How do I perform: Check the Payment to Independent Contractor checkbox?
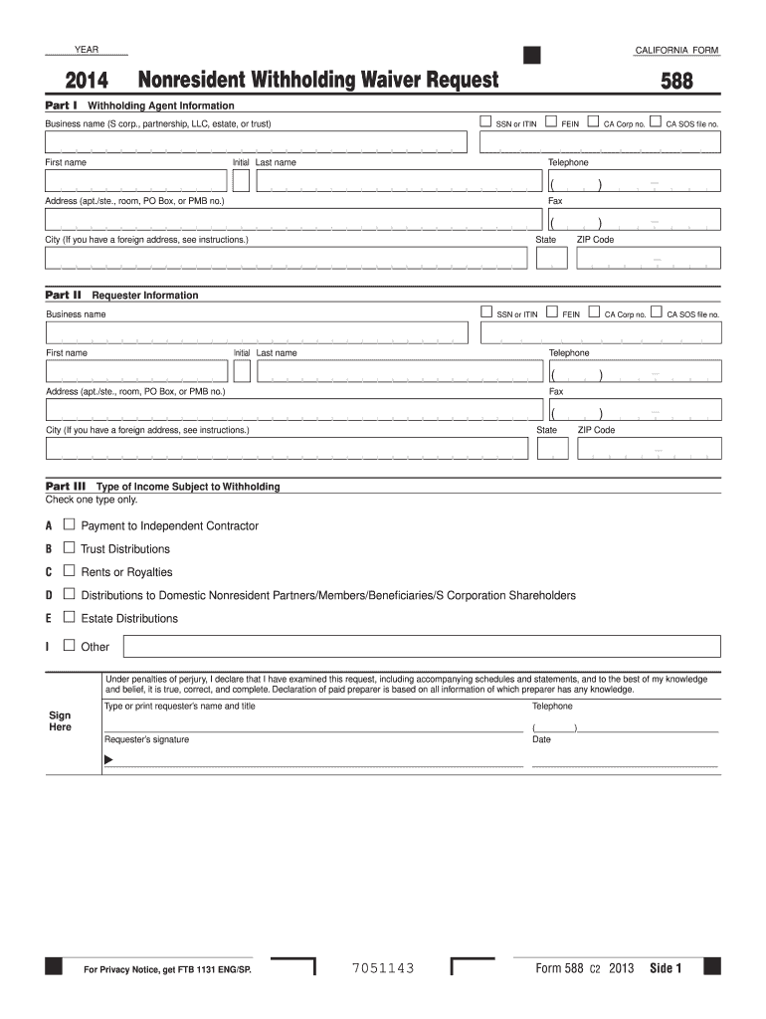(69, 524)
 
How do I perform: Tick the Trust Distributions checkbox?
(69, 547)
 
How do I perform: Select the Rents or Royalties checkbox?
(69, 571)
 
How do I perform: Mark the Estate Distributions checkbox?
(69, 617)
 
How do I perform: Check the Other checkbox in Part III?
(69, 646)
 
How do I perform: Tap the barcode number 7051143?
(383, 968)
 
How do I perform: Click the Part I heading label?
(62, 104)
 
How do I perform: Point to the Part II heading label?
(63, 295)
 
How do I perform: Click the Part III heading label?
(66, 486)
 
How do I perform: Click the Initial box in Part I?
(241, 180)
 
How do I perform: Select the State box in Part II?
(552, 448)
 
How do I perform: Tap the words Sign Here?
(61, 720)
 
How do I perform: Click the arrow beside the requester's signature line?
(108, 761)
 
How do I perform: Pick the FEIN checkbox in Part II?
(552, 313)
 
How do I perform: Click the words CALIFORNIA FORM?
(676, 51)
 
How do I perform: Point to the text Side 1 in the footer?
(666, 968)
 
